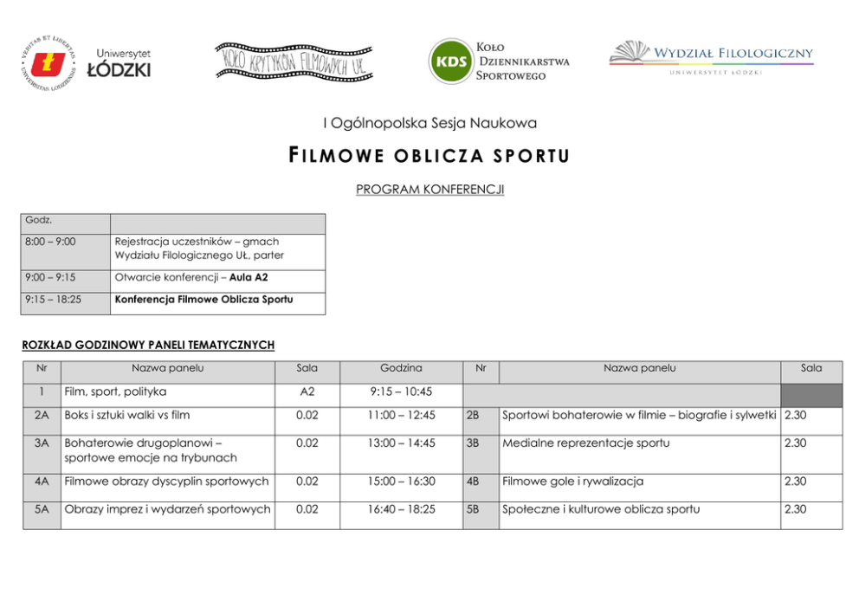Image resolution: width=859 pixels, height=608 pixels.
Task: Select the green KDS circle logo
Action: coord(450,61)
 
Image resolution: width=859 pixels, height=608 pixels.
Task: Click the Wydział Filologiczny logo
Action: coord(711,57)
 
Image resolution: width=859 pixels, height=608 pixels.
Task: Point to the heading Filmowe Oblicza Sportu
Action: coord(429,156)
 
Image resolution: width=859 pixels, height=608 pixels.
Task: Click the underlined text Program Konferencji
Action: coord(429,189)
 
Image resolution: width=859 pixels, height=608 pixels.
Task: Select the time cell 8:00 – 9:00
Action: coord(51,242)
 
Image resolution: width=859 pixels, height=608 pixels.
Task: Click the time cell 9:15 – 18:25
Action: coord(54,300)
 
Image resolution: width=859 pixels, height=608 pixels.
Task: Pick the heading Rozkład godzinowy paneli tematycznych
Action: coord(148,345)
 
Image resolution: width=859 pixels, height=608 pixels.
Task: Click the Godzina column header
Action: coord(401,368)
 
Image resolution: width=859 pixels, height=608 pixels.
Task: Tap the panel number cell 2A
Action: coord(41,416)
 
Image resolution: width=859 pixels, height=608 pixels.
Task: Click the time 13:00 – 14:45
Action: coord(401,443)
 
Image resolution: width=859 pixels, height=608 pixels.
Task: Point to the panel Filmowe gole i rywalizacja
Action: coord(573,482)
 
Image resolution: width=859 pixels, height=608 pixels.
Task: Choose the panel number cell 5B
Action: coord(473,509)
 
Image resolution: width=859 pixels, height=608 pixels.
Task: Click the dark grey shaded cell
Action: coord(811,395)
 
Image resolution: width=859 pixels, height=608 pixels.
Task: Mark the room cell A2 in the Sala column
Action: coord(307,391)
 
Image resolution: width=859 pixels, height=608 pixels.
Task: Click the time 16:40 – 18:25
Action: coord(401,509)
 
